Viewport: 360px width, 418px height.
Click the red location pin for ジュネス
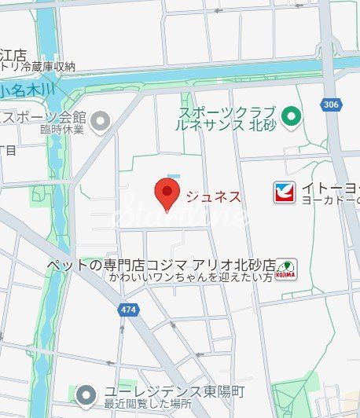pos(166,192)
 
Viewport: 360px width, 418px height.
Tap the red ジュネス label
pos(211,196)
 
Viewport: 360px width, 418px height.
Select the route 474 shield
pos(127,310)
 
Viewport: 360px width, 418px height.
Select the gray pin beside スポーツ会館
pos(101,120)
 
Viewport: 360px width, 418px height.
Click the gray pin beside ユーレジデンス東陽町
pos(88,394)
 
